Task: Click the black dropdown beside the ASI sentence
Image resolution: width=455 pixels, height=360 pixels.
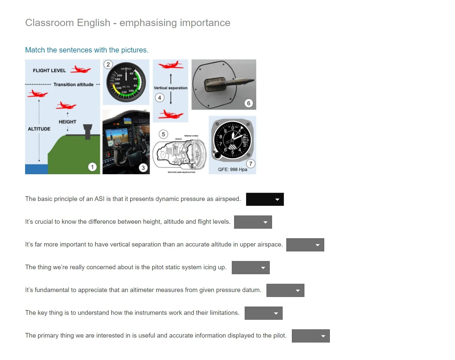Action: click(x=265, y=199)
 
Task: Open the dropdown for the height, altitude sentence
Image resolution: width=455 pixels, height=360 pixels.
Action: click(x=253, y=222)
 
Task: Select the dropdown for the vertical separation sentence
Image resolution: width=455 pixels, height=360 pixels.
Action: click(x=305, y=245)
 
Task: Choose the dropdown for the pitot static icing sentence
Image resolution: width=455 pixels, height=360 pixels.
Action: click(x=251, y=268)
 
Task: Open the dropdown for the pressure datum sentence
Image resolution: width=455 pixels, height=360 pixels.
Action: click(x=285, y=290)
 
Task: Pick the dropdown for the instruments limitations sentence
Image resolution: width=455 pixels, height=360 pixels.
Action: click(x=263, y=313)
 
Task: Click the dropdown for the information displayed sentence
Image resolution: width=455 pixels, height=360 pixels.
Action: click(x=311, y=336)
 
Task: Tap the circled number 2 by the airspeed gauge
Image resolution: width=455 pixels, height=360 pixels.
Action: click(x=108, y=64)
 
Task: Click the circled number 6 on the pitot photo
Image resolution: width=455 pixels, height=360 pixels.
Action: click(x=249, y=103)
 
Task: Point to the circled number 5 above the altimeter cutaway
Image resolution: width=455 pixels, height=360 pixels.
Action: click(x=163, y=134)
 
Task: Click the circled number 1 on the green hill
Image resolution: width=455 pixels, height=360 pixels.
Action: click(x=92, y=167)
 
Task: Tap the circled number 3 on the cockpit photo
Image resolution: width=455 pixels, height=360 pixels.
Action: click(x=143, y=168)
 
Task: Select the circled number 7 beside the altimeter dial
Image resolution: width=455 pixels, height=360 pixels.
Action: click(x=251, y=164)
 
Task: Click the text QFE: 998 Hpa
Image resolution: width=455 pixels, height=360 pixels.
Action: click(x=232, y=170)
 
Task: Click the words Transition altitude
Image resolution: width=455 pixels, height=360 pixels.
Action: click(x=73, y=84)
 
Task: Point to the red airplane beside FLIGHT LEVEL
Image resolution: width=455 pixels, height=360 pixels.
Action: click(x=81, y=70)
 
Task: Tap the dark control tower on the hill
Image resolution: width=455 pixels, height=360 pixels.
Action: click(x=88, y=131)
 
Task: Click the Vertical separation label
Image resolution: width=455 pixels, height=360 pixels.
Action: click(x=170, y=88)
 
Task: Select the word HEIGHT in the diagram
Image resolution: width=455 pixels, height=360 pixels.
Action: click(x=67, y=122)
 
